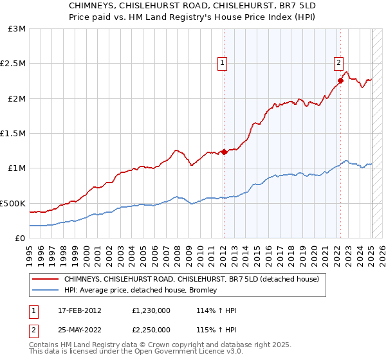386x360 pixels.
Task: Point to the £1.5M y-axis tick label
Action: [x=14, y=134]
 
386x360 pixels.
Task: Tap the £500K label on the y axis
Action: [x=13, y=203]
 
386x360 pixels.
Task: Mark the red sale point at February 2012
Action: [x=225, y=152]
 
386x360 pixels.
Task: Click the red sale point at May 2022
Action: [x=341, y=81]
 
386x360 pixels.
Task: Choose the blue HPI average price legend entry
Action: [x=140, y=290]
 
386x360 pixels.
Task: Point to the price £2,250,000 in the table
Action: [x=152, y=329]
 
